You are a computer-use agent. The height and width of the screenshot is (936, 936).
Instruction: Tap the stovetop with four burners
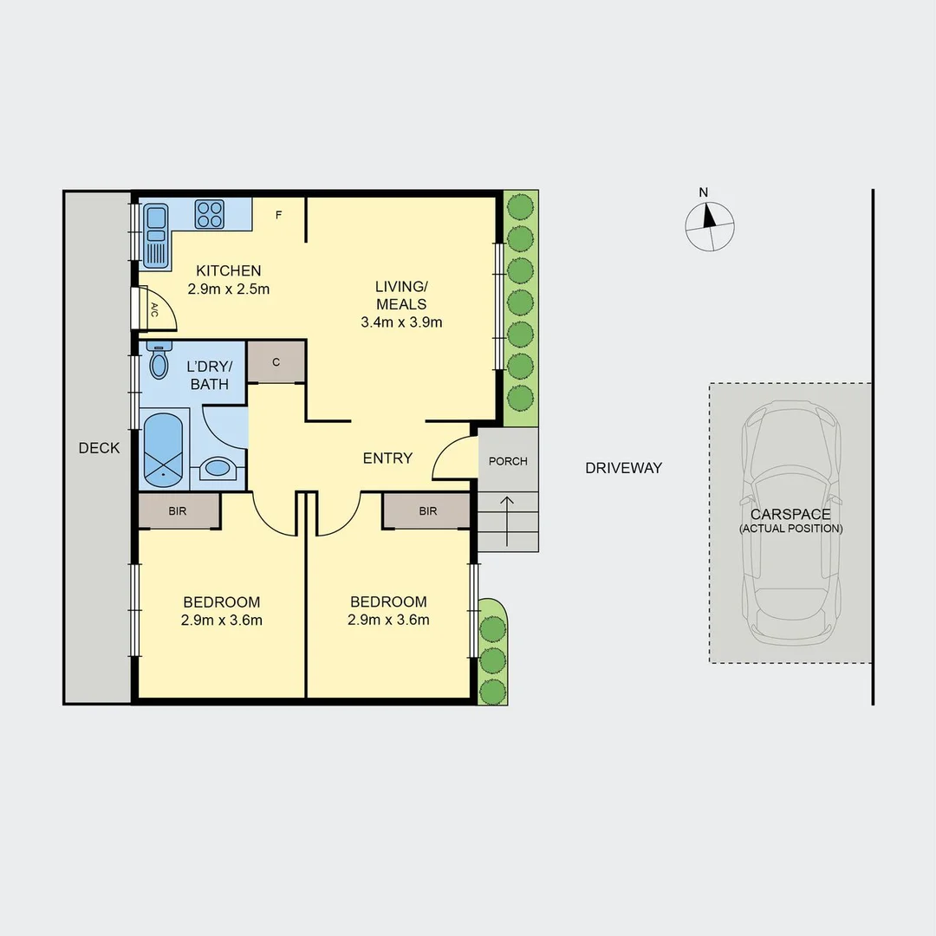pos(209,214)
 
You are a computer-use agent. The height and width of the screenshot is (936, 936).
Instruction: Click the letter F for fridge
pos(278,215)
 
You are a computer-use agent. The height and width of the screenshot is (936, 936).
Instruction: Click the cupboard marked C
pos(276,362)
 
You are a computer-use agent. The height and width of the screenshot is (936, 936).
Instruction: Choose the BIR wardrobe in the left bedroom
pos(178,510)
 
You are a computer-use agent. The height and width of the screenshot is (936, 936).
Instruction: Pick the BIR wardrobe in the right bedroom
pos(427,510)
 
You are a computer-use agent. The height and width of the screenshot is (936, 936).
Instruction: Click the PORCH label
pos(508,461)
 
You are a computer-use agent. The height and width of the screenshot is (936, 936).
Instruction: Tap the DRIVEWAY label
pos(623,468)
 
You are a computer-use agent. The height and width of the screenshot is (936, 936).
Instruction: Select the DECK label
pos(99,448)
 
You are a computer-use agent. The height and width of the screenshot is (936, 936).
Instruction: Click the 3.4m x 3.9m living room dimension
pos(401,323)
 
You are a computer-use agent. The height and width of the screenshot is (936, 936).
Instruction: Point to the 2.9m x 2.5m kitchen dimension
pos(228,289)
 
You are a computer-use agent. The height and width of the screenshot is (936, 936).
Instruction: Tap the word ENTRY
pos(387,458)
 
